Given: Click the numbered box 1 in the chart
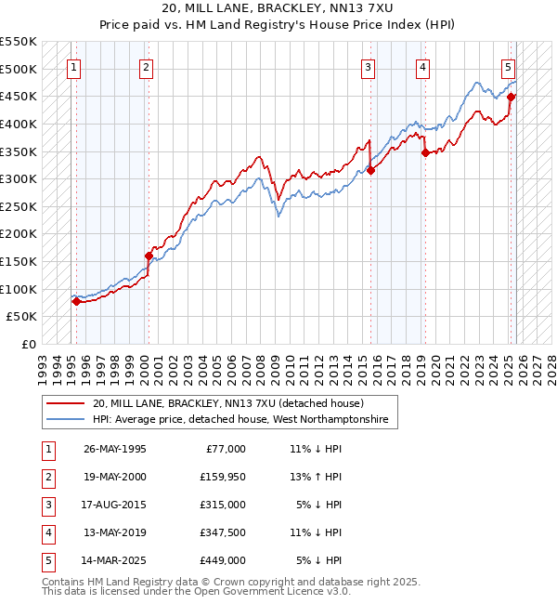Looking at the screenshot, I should pos(73,67).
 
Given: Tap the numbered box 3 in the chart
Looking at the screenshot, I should pos(369,67).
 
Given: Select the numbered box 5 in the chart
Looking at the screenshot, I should pos(509,67).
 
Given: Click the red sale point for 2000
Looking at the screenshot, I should pos(149,256).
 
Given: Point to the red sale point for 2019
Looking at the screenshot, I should pos(425,153).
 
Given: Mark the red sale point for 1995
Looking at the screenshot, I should pos(75,301).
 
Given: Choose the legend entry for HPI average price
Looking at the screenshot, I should pos(245,421).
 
